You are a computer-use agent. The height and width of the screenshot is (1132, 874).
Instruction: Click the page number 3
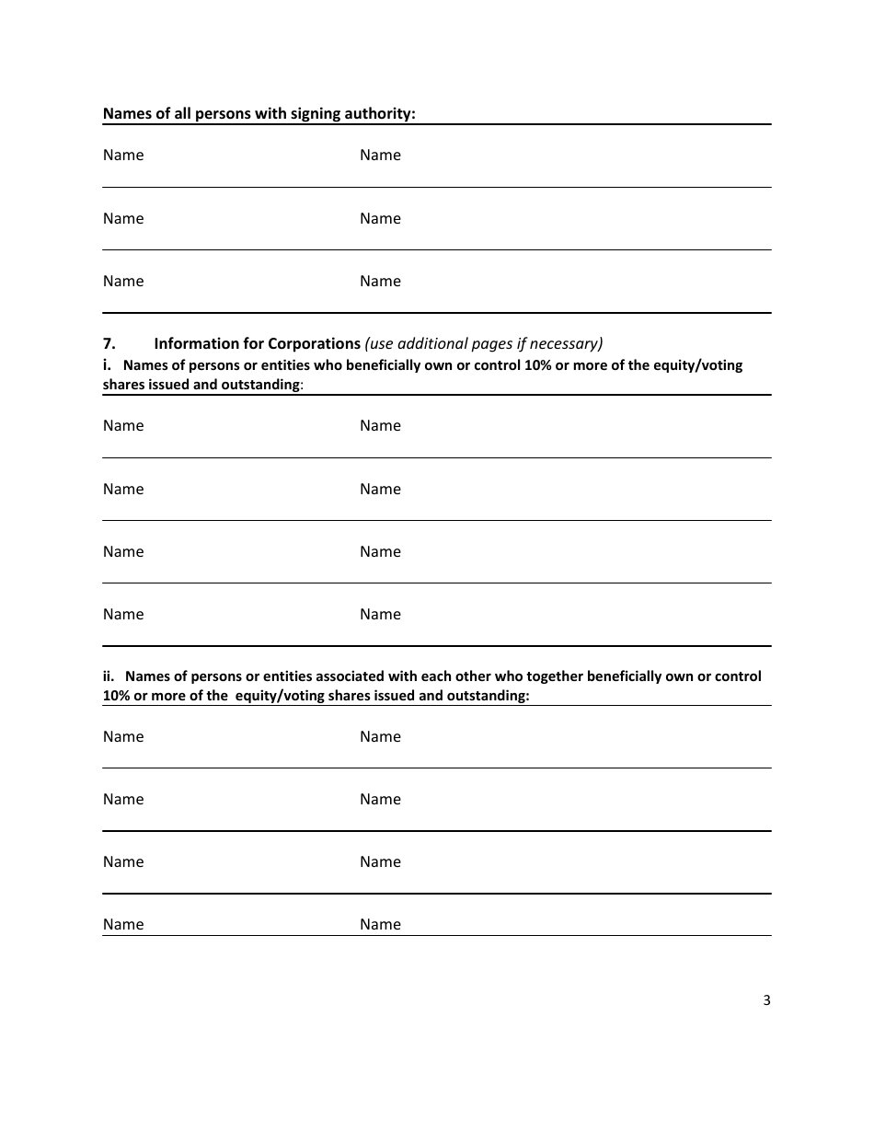[x=766, y=1001]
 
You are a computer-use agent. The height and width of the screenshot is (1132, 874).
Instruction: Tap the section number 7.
[x=109, y=343]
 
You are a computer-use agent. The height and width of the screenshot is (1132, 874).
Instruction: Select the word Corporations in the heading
[x=314, y=343]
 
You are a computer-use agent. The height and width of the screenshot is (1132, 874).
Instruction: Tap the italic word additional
[x=435, y=343]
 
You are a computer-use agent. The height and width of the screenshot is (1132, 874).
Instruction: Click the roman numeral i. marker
[x=107, y=364]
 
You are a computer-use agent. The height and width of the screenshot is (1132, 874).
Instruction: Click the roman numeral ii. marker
[x=109, y=676]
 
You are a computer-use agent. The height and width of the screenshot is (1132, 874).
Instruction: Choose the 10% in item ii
[x=117, y=696]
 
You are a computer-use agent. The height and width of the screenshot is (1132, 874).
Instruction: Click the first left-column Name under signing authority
[x=123, y=155]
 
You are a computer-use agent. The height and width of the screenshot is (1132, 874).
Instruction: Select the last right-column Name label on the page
[x=380, y=924]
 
